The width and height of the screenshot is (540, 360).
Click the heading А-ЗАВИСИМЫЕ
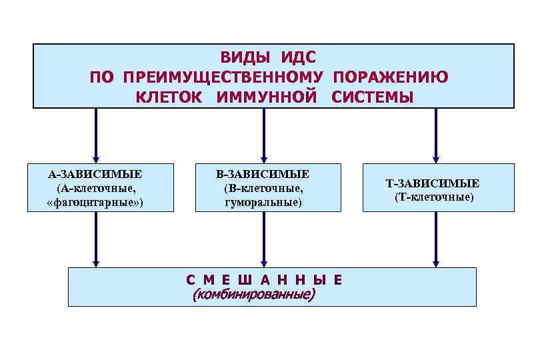(x=95, y=175)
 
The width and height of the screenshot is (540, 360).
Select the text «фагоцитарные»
(x=95, y=201)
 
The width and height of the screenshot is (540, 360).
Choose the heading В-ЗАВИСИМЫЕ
(x=263, y=175)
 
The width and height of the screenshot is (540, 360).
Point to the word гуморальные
(x=263, y=201)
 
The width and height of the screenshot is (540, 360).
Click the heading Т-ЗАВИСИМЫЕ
(x=433, y=184)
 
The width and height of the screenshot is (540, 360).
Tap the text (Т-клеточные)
(x=434, y=197)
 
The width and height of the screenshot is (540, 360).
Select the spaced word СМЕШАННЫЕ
(x=264, y=280)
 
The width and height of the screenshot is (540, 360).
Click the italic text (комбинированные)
(x=253, y=294)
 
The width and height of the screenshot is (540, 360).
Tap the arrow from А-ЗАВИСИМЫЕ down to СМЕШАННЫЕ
(x=96, y=239)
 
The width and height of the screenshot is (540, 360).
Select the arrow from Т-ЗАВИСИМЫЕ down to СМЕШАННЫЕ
(x=436, y=239)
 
